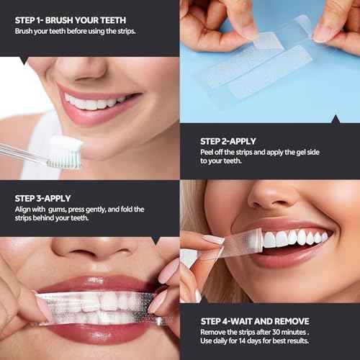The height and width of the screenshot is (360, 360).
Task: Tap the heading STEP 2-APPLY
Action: click(x=228, y=141)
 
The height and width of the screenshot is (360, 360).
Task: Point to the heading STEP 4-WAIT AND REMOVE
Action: click(x=255, y=320)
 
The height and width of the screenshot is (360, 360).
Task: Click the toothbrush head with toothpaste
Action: click(x=66, y=153)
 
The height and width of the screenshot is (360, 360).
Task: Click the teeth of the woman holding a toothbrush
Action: click(x=94, y=103)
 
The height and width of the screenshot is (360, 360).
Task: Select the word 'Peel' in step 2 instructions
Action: click(x=208, y=153)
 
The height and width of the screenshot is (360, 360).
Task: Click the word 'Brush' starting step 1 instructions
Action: click(x=24, y=32)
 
